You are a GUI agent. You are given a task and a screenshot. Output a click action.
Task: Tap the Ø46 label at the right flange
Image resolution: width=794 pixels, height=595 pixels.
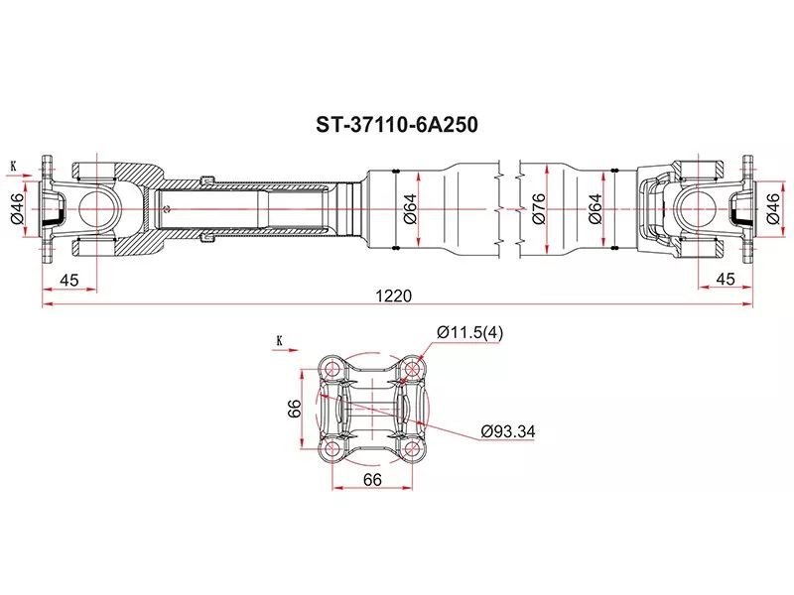[x=773, y=208]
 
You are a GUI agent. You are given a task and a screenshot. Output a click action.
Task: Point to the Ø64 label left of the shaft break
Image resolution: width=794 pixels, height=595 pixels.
[x=410, y=208]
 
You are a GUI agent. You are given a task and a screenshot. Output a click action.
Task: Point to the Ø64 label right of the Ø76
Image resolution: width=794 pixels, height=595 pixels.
[x=595, y=208]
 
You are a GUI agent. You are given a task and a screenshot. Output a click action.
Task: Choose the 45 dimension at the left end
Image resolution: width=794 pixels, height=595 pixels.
[x=68, y=281]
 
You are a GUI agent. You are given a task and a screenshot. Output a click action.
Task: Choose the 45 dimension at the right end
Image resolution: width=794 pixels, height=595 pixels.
[x=725, y=281]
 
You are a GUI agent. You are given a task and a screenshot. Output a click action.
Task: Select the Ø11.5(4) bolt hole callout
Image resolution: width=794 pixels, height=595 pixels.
[x=469, y=333]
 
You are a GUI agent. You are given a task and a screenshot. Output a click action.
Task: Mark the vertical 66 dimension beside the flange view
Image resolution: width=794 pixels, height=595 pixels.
[x=294, y=410]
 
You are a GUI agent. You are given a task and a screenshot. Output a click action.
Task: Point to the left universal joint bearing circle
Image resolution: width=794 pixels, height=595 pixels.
[x=97, y=208]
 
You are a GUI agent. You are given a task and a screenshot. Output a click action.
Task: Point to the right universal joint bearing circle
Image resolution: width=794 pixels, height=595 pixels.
[x=696, y=208]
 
